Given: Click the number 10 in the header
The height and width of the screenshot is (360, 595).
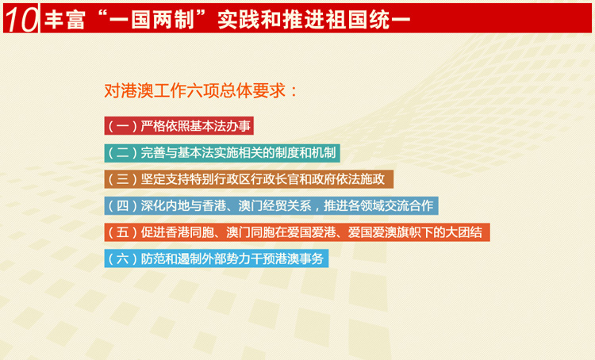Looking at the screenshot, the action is click(21, 19).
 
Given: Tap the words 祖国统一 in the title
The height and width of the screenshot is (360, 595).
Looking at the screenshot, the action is click(368, 19).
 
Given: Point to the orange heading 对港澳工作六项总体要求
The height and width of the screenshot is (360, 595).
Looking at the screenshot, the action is click(194, 90).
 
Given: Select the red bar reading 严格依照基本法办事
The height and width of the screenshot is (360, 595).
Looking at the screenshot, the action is click(179, 125).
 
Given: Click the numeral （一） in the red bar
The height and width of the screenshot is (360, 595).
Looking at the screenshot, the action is click(122, 126).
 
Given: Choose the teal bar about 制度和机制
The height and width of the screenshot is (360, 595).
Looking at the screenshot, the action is click(222, 153).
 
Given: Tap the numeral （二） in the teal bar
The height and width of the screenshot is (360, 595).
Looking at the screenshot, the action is click(122, 153).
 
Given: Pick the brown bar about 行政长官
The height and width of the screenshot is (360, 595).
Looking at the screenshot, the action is click(249, 179).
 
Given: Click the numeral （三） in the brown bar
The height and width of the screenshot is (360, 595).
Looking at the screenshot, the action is click(122, 179).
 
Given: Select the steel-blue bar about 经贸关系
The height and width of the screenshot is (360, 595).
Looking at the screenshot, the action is click(271, 205).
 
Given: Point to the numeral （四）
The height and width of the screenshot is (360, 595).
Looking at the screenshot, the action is click(122, 206).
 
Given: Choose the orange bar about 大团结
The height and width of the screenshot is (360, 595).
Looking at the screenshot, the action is click(297, 232).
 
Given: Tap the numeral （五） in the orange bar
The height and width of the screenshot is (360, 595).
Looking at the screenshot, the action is click(122, 232).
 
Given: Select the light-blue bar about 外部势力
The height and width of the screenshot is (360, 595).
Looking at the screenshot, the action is click(217, 259).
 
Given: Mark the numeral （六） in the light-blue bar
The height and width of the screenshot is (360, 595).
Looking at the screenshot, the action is click(122, 259).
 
